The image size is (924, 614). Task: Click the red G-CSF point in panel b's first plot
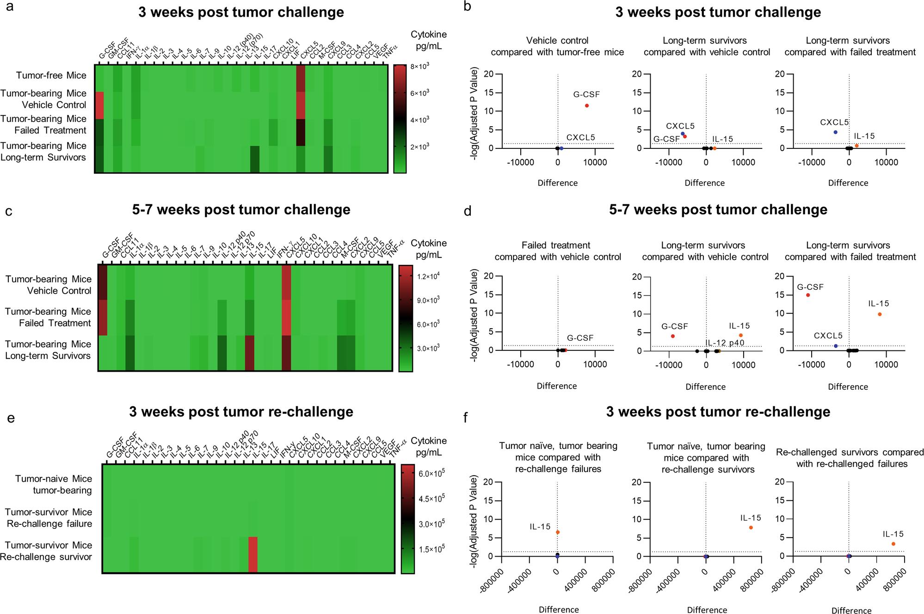coord(587,106)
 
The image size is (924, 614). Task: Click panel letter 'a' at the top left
coord(10,7)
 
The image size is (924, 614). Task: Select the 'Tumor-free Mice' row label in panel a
coord(51,75)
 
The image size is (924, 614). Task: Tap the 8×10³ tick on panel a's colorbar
coord(420,67)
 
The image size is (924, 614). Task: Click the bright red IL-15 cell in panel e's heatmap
coord(253,554)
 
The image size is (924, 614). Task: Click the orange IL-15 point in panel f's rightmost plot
coord(893,544)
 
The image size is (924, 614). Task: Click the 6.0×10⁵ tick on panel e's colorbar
coord(431,473)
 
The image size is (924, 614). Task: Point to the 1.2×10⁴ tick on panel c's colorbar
coord(428,276)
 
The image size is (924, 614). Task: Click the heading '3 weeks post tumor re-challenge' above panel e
coord(241,411)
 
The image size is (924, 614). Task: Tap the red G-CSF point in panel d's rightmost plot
coord(808,295)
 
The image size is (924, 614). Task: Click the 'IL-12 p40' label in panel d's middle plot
coord(725,343)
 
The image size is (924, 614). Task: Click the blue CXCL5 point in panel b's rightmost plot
coord(835,132)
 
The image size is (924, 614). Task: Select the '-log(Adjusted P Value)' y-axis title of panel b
coord(474,113)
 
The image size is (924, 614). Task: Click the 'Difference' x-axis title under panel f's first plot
coord(559,609)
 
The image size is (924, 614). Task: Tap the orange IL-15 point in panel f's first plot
coord(558,532)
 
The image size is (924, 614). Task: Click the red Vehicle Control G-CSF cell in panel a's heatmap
coord(99,105)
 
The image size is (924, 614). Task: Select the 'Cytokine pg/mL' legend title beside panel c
coord(429,249)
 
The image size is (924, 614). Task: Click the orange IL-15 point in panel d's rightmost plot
coord(880,314)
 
